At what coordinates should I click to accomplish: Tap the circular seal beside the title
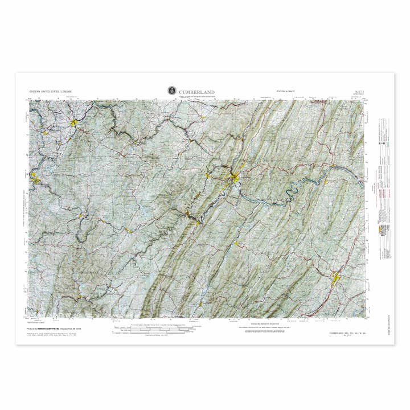tap(171, 91)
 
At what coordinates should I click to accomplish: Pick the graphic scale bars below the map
tap(151, 330)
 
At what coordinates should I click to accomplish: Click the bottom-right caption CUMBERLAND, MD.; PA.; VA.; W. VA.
tap(348, 333)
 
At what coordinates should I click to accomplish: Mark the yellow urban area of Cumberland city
tap(235, 180)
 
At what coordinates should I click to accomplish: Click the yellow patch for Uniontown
tap(74, 122)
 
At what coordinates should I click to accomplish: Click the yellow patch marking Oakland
tap(128, 230)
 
